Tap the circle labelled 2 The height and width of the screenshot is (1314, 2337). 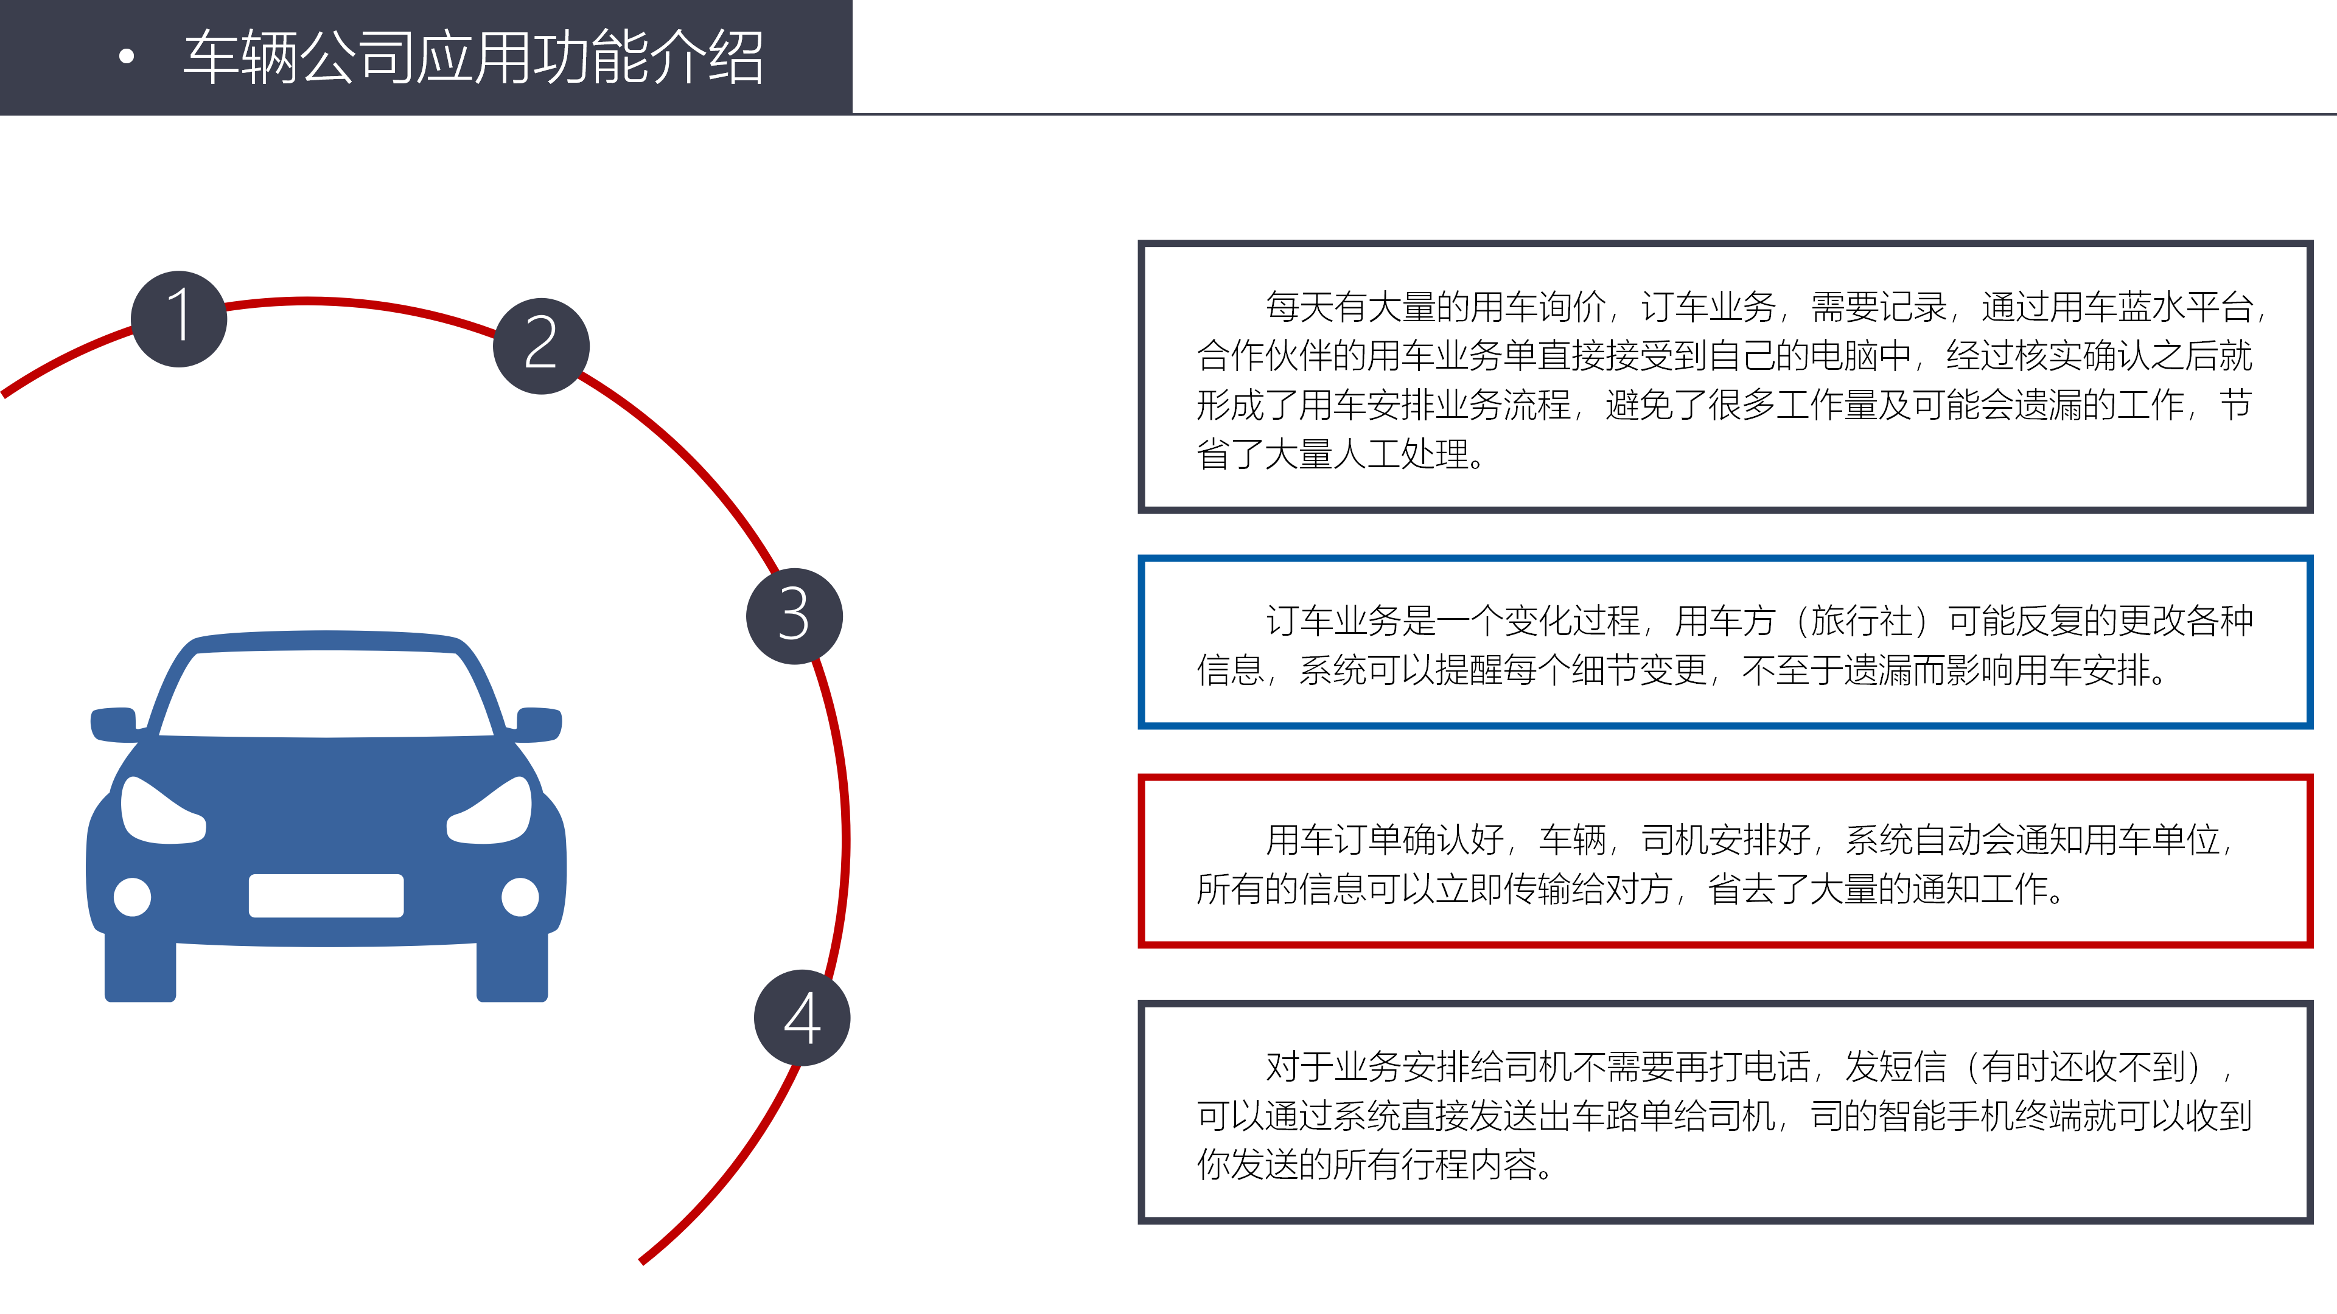542,346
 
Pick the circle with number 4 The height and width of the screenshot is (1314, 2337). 802,1018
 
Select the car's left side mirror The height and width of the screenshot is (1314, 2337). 114,725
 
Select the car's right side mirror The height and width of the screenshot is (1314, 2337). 539,725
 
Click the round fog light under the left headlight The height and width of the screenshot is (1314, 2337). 133,897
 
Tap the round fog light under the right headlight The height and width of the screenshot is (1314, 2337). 520,897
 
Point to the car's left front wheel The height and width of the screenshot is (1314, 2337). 140,968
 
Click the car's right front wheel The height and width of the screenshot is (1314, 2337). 512,968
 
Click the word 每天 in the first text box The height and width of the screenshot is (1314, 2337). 1299,307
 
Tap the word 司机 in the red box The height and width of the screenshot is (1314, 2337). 1675,839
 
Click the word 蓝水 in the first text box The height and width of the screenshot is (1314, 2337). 2152,307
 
